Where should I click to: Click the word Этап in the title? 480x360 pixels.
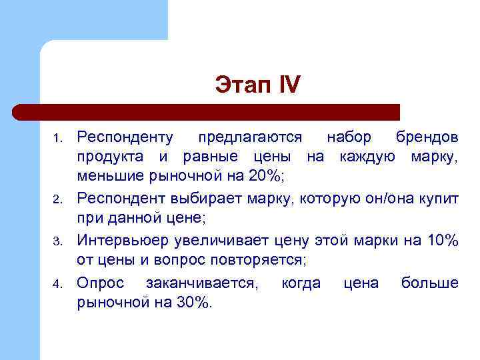click(240, 85)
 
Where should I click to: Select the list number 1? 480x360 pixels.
click(57, 139)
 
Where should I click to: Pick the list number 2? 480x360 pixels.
click(57, 199)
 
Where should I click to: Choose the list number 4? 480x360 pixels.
click(57, 285)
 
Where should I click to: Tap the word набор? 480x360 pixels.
click(349, 137)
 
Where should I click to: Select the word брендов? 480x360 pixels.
click(426, 137)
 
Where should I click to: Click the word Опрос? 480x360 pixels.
click(100, 283)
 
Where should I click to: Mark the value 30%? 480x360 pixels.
click(191, 303)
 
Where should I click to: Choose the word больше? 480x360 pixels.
click(429, 283)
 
